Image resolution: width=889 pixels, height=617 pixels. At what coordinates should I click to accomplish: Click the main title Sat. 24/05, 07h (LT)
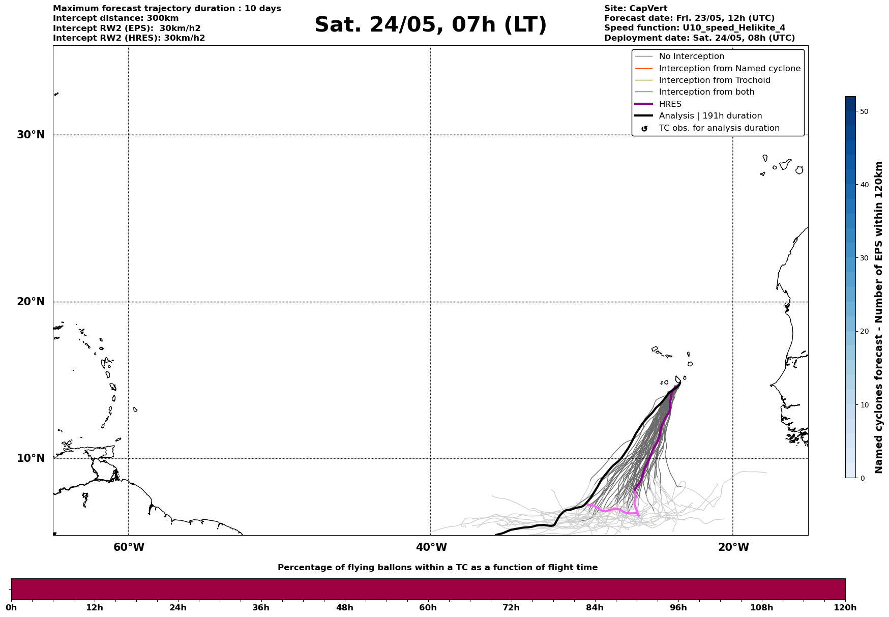point(430,25)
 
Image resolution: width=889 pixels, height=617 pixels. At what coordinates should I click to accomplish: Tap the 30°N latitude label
point(31,135)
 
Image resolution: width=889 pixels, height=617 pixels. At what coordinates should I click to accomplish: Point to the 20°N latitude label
point(31,302)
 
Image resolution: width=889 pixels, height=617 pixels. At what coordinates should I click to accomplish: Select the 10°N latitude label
point(31,458)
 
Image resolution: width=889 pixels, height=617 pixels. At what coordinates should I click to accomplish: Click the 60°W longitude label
point(129,547)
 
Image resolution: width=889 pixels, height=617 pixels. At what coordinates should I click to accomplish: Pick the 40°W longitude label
point(431,547)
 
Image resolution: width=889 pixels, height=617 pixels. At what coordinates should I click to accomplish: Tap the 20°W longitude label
point(733,547)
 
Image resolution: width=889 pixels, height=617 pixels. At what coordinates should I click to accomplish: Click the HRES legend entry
point(670,104)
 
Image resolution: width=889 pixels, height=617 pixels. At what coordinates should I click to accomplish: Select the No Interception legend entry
point(691,56)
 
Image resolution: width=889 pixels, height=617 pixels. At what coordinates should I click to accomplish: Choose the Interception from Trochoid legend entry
point(714,80)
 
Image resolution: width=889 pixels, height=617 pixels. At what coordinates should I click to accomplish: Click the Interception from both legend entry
point(706,92)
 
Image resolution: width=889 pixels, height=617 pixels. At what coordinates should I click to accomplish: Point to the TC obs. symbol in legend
point(644,129)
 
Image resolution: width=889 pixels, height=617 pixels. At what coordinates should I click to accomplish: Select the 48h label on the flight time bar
point(344,608)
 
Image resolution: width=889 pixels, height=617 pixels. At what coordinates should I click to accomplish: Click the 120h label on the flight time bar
point(845,608)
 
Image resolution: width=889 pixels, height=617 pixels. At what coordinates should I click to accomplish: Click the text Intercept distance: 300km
point(115,18)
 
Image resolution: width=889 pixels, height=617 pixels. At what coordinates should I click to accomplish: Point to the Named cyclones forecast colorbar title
point(878,317)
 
